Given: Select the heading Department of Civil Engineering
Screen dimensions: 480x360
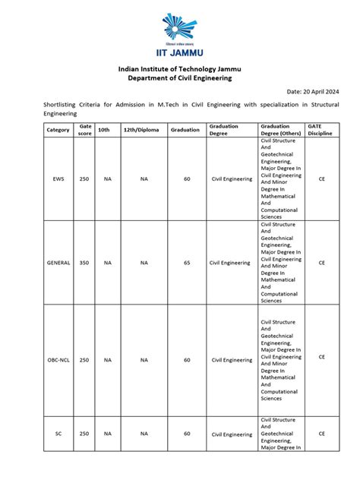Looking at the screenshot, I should coord(179,78).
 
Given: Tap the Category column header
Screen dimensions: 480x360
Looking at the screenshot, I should coord(58,130).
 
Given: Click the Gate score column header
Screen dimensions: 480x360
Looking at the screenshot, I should coord(84,130).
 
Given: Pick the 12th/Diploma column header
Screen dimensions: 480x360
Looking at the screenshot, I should coord(144,130).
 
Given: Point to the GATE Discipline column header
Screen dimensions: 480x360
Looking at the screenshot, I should coord(321,130).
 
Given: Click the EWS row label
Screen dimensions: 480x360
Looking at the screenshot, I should coord(58,179).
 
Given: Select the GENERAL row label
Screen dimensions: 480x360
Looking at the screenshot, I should coord(58,263).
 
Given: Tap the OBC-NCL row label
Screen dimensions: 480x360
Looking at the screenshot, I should coord(58,360).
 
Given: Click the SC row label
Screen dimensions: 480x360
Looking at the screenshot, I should coord(58,434).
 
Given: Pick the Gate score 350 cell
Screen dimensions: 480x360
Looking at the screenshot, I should coord(84,263).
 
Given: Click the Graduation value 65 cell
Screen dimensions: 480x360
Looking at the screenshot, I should coord(187,263).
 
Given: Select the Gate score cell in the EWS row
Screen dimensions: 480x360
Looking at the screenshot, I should coord(84,179).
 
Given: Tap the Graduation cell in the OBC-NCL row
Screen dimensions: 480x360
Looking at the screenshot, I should coord(187,360).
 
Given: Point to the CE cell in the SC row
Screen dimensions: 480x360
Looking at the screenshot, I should coord(321,434).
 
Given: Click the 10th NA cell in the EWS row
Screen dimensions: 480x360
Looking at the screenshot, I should coord(107,179).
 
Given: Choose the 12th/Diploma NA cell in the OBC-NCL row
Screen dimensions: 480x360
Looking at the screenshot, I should coord(144,360).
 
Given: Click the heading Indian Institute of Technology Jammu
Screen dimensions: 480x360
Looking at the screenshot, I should coord(179,68).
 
